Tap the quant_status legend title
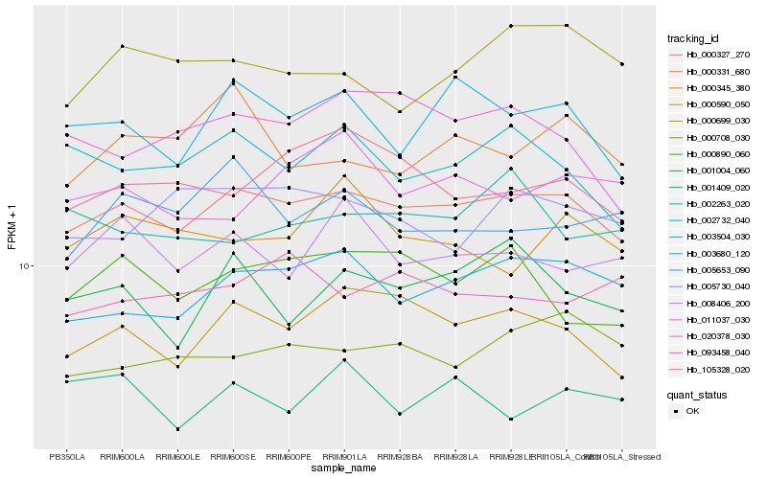pos(696,395)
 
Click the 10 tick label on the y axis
pos(26,266)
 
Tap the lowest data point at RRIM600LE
pos(177,428)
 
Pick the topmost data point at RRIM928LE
pos(511,26)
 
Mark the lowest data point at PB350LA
pos(66,381)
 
